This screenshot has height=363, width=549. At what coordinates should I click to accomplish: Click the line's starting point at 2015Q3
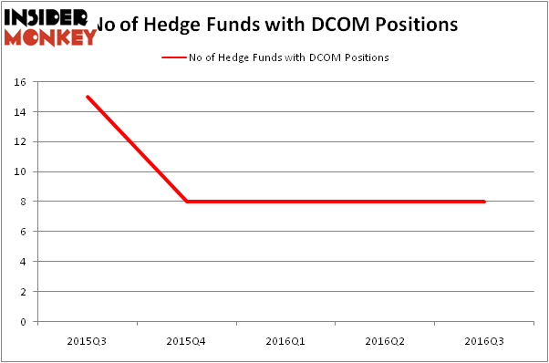tap(87, 97)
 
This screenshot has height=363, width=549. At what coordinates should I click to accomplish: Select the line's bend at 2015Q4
tap(186, 202)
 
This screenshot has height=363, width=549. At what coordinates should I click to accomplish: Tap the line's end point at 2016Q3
tap(484, 202)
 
